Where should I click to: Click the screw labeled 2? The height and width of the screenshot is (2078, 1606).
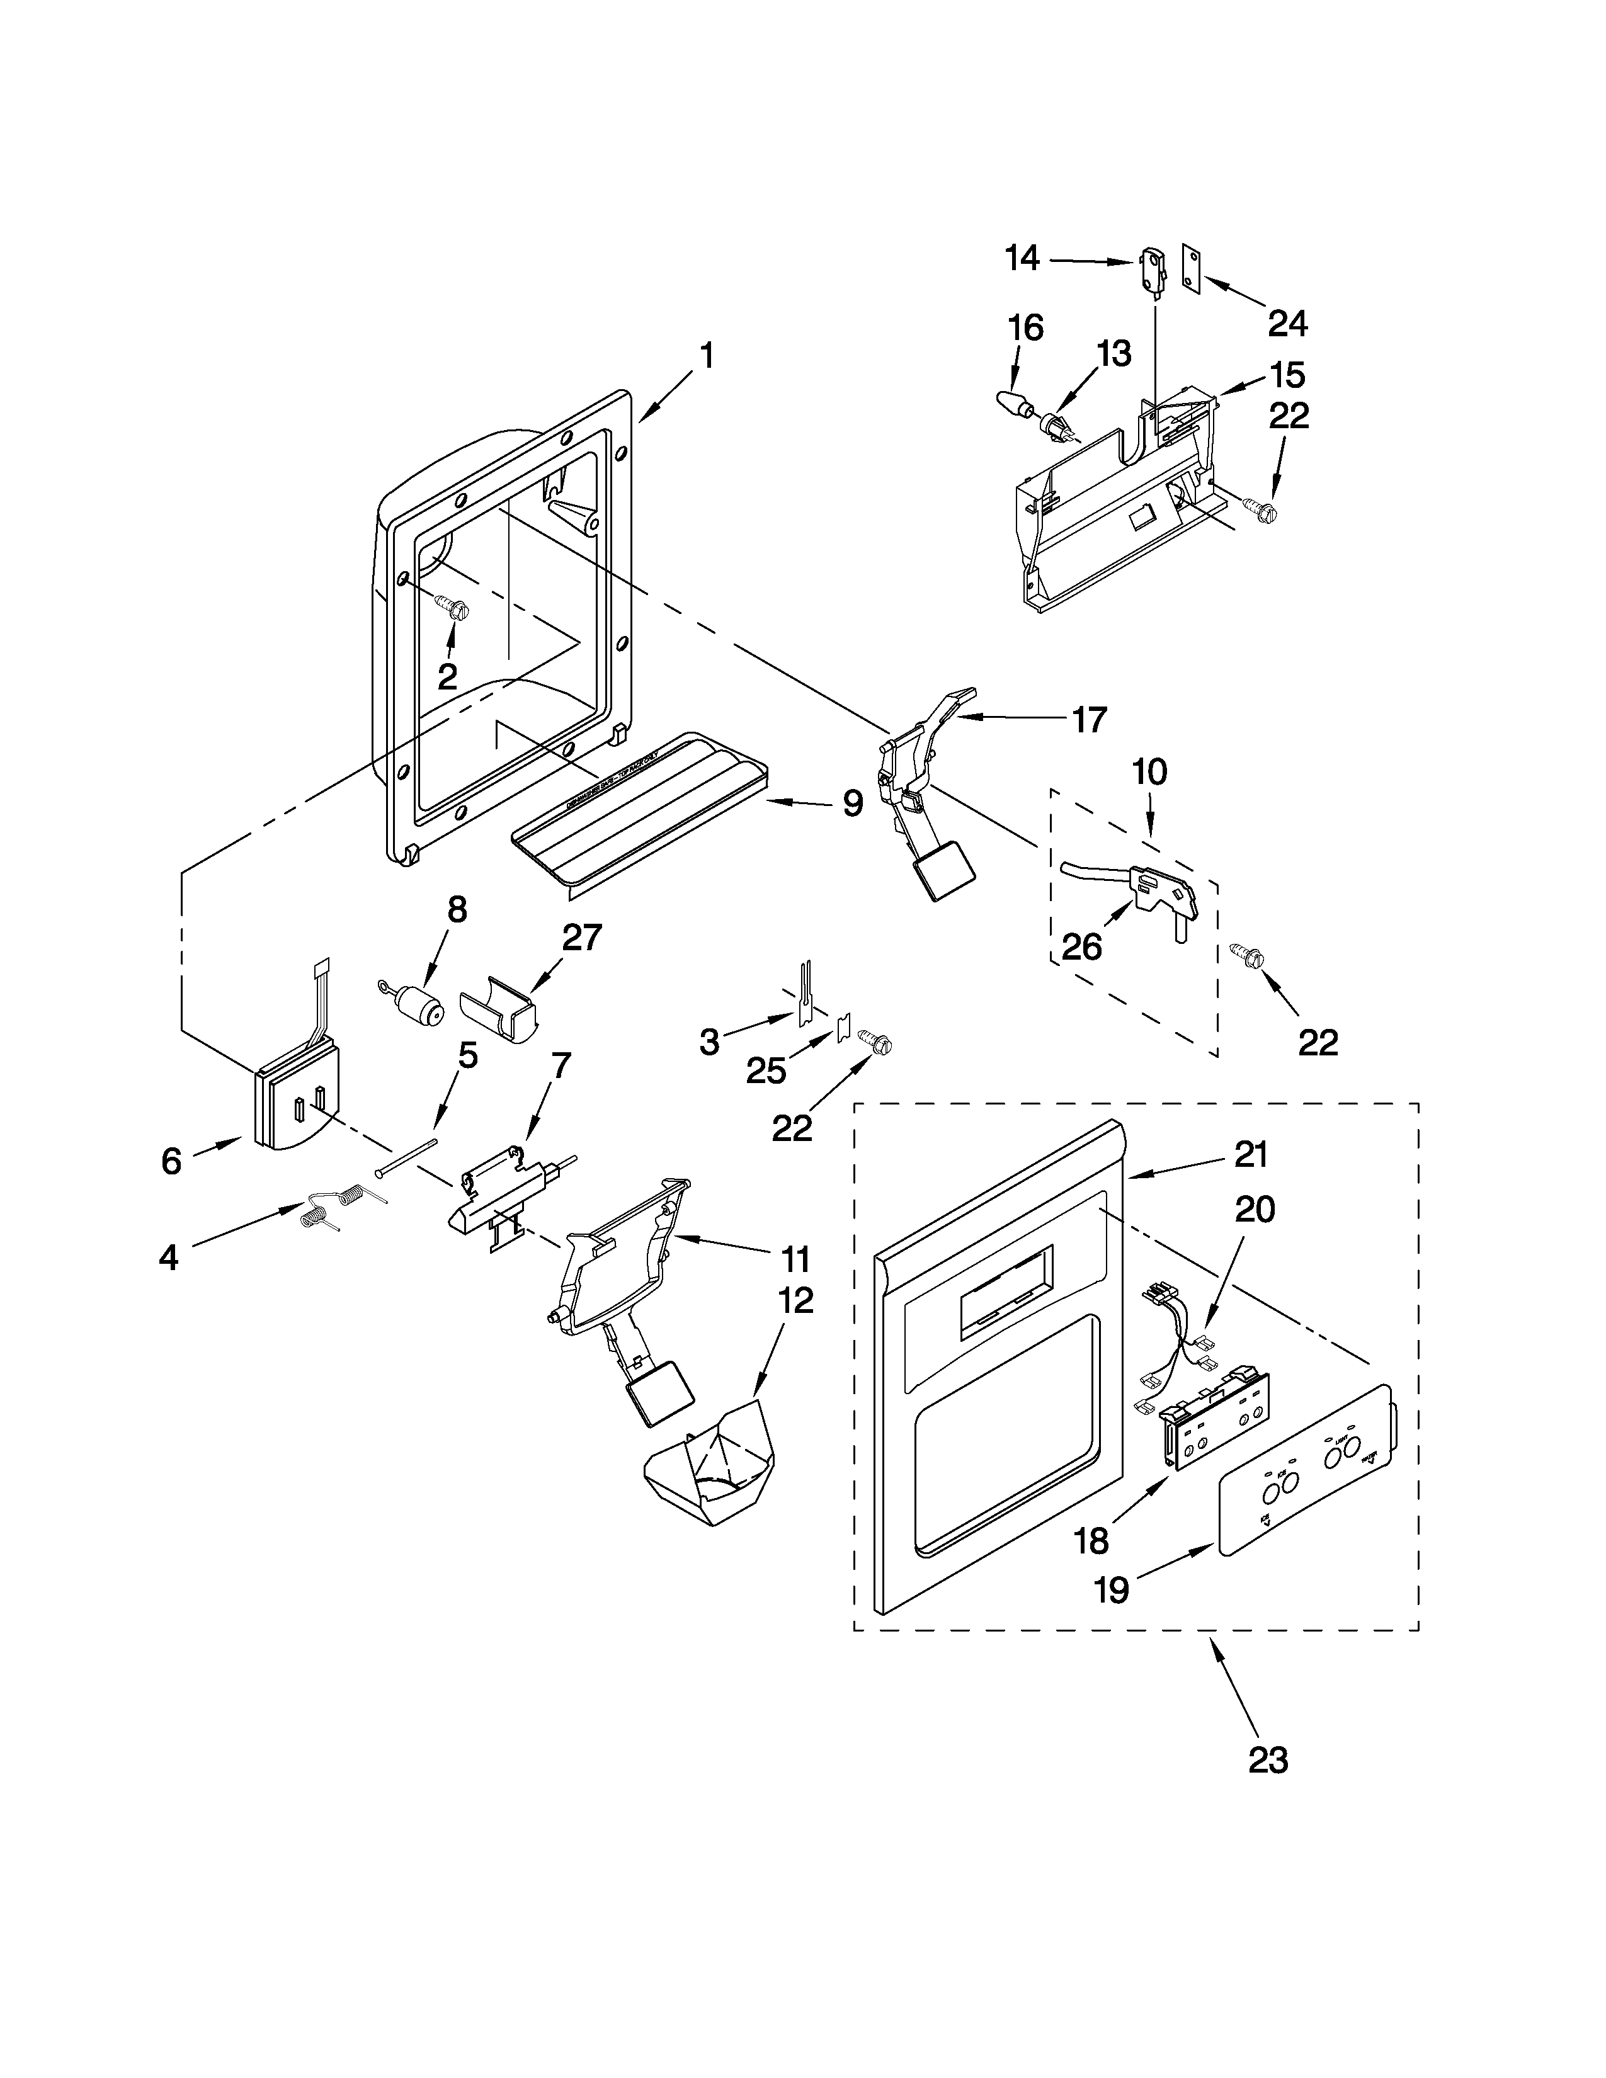[x=449, y=606]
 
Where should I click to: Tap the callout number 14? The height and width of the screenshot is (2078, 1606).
[x=1023, y=258]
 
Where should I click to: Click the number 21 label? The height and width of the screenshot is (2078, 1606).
[x=1251, y=1154]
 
